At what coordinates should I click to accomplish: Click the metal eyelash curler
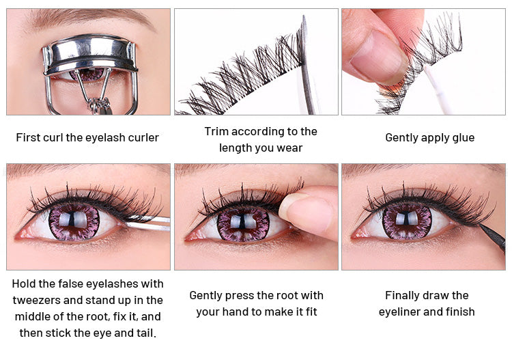pyautogui.click(x=90, y=53)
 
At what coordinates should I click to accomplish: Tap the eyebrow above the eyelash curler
pyautogui.click(x=91, y=17)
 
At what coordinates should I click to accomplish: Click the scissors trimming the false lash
pyautogui.click(x=307, y=66)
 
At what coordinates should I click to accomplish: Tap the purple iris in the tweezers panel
pyautogui.click(x=74, y=222)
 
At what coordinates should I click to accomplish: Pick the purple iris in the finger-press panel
pyautogui.click(x=243, y=225)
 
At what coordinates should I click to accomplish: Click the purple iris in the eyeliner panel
pyautogui.click(x=407, y=222)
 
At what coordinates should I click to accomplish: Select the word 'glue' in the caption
pyautogui.click(x=463, y=138)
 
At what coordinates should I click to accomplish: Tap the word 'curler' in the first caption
pyautogui.click(x=143, y=137)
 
